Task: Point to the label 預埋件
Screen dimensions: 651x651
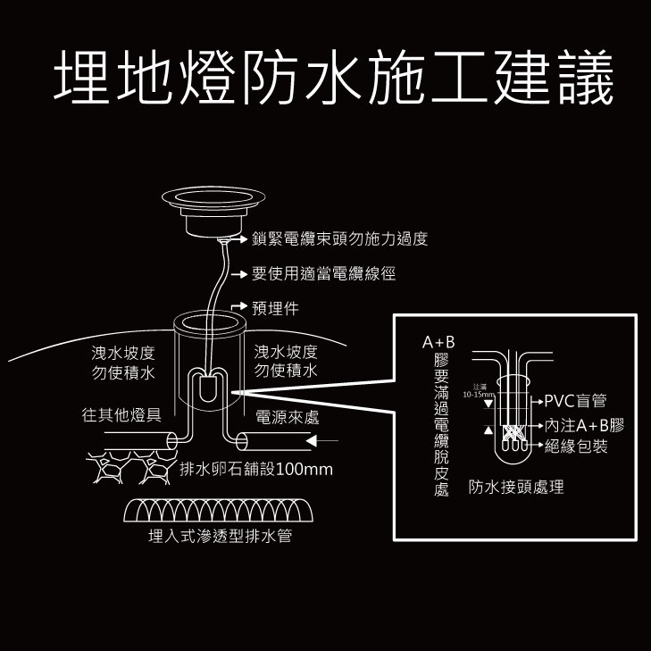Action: [x=275, y=309]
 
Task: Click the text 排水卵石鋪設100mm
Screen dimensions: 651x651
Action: [x=255, y=470]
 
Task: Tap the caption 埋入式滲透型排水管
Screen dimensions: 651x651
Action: [x=220, y=537]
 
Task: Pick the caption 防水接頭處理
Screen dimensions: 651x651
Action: [x=516, y=488]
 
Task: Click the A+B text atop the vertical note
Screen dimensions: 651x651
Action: [x=439, y=342]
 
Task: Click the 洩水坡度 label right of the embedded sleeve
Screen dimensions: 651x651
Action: [x=286, y=361]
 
